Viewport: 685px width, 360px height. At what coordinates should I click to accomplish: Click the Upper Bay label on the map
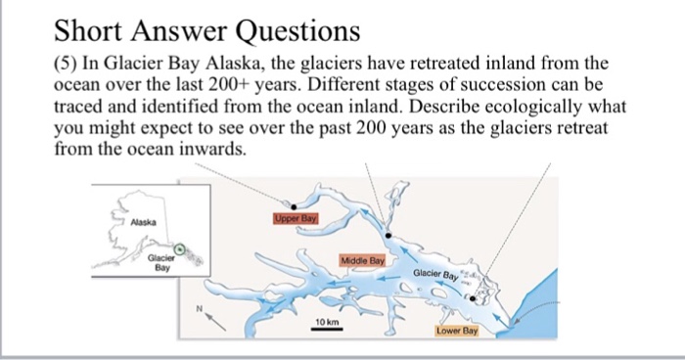297,219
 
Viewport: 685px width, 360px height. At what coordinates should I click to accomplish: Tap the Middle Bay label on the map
363,261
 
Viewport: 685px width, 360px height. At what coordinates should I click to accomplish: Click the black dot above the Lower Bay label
472,298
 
